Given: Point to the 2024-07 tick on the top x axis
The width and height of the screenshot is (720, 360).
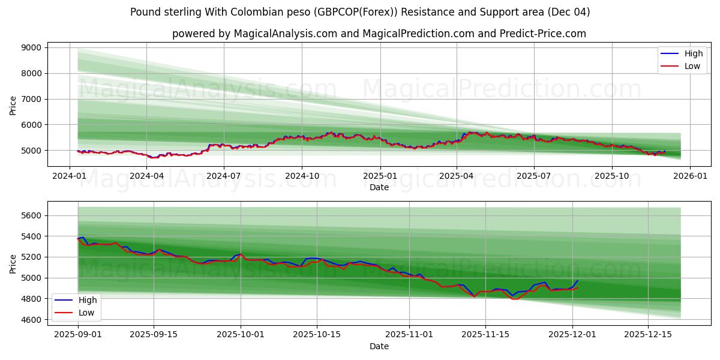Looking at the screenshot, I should coord(224,176).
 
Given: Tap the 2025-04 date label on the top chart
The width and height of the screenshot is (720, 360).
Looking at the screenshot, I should coord(456,176).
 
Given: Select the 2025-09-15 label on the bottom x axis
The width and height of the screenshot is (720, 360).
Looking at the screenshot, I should coord(154,334).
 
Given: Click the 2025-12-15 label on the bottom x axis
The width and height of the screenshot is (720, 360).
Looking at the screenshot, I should coord(647,334).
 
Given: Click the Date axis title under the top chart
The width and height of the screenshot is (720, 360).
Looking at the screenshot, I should coord(379,187).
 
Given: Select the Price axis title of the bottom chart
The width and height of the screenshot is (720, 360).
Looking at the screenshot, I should coord(13,263).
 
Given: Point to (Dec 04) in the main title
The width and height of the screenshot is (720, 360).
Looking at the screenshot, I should coord(569,12).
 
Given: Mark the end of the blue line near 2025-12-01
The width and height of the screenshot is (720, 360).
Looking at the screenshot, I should coord(578,280).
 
